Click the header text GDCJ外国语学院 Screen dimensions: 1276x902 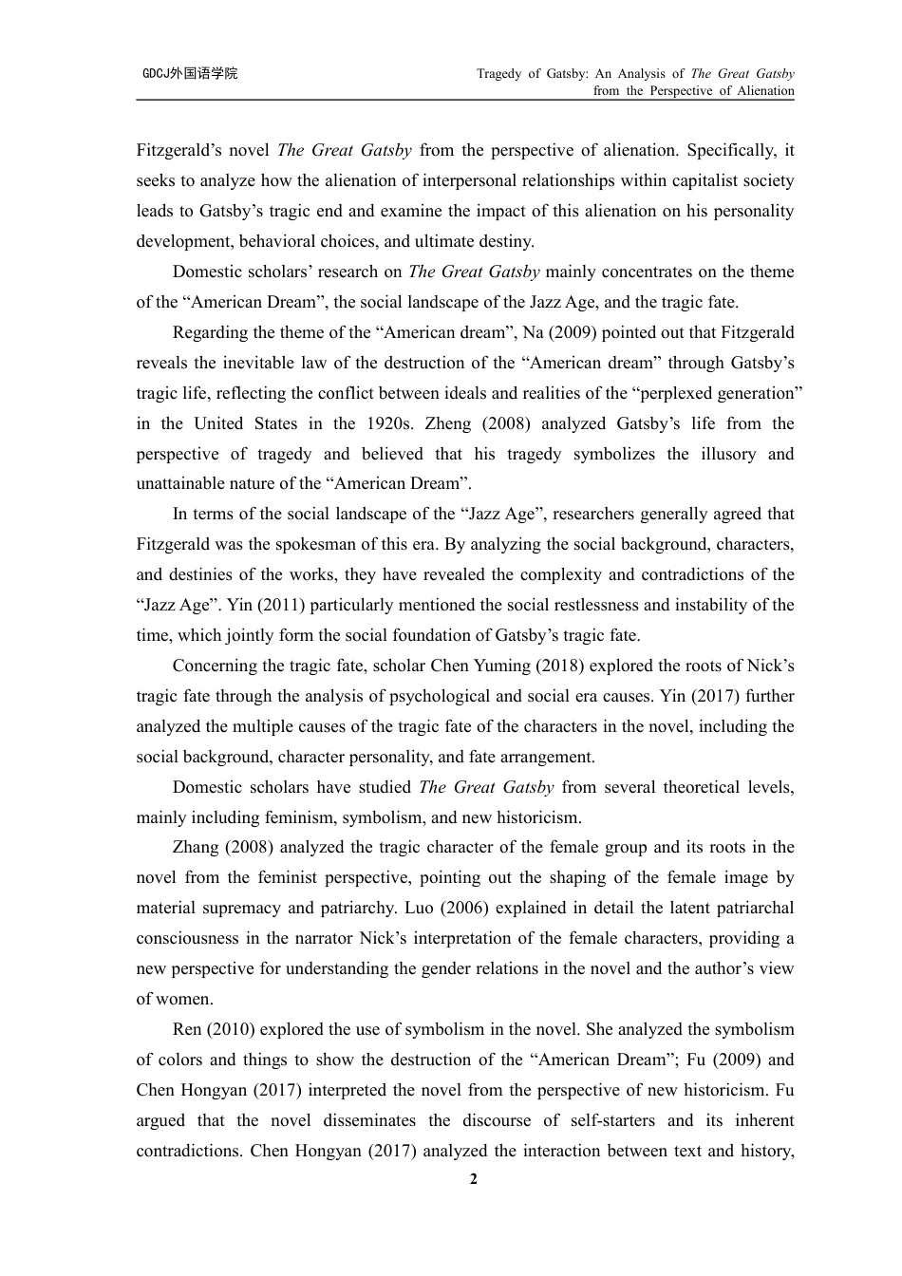pyautogui.click(x=190, y=73)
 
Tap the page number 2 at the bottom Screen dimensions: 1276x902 pyautogui.click(x=474, y=1180)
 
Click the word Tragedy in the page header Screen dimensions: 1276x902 pyautogui.click(x=498, y=73)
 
